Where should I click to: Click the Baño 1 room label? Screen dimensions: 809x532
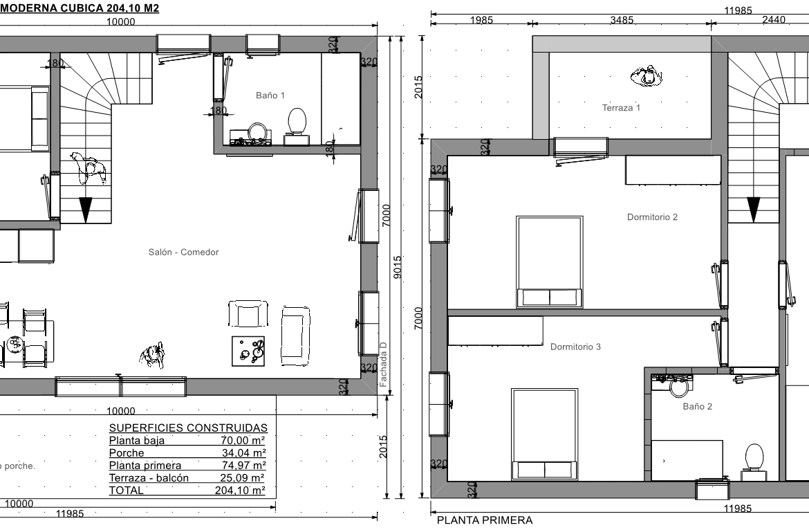270,95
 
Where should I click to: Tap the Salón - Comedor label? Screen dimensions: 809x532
183,253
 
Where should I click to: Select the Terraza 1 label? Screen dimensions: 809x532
621,108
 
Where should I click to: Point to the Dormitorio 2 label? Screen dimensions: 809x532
652,217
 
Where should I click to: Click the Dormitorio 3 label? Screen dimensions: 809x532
575,347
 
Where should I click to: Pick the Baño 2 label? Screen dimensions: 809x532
697,407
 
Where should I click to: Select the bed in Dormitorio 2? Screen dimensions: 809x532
550,262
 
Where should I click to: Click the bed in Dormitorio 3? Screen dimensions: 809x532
545,434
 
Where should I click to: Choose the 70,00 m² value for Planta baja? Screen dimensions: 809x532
243,440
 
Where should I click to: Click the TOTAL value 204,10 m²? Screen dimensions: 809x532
240,490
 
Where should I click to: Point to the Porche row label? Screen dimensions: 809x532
127,453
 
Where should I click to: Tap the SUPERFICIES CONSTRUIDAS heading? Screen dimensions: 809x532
188,428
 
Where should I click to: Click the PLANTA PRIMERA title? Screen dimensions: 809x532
485,520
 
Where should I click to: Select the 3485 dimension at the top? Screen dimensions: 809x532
622,20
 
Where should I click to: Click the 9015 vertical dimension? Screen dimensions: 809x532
398,267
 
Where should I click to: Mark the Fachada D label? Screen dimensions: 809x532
383,365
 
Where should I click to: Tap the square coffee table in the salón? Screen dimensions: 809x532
248,351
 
